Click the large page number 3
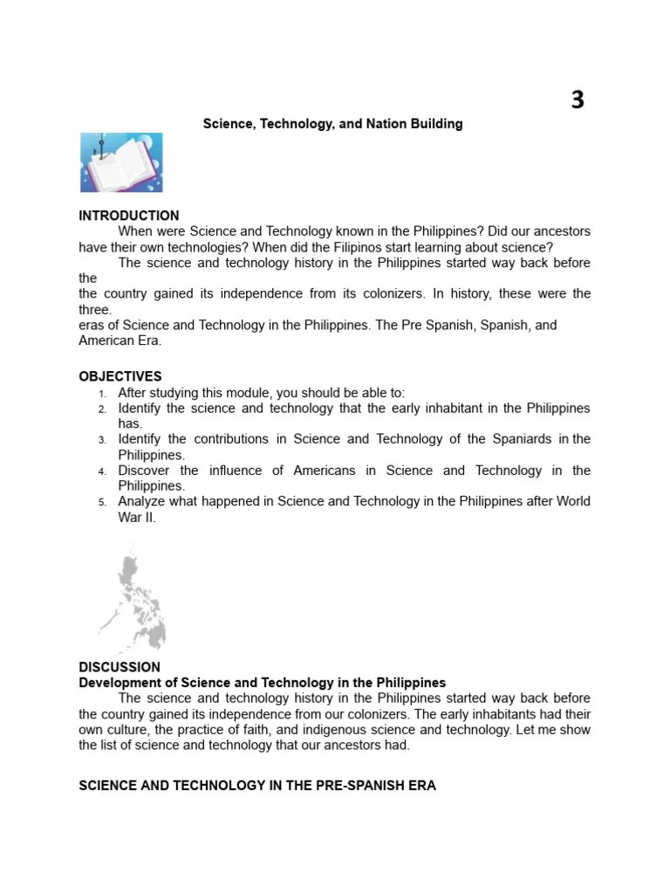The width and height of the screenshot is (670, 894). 578,100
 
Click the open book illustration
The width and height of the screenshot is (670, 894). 121,162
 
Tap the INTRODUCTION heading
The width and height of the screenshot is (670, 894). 129,216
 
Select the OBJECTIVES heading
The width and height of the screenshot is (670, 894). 120,377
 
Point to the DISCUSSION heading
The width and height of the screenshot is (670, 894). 120,668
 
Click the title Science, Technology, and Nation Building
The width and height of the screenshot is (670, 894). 332,124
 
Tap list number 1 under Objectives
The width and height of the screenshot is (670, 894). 102,394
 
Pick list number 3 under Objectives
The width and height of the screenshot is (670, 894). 102,440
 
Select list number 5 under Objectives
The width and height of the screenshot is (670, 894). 102,502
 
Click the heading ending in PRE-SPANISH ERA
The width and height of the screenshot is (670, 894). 257,786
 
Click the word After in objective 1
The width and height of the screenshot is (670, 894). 133,393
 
